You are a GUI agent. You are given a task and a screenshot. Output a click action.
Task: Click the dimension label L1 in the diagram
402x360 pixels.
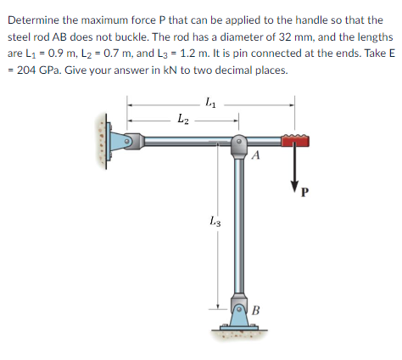(x=209, y=103)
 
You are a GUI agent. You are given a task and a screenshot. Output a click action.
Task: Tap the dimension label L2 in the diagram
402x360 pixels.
(x=181, y=121)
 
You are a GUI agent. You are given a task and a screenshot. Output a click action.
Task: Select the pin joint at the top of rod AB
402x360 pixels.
(x=239, y=142)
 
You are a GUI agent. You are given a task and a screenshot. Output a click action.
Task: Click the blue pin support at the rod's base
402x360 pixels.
(x=239, y=314)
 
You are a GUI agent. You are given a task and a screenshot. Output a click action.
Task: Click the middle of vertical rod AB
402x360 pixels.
(x=239, y=229)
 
